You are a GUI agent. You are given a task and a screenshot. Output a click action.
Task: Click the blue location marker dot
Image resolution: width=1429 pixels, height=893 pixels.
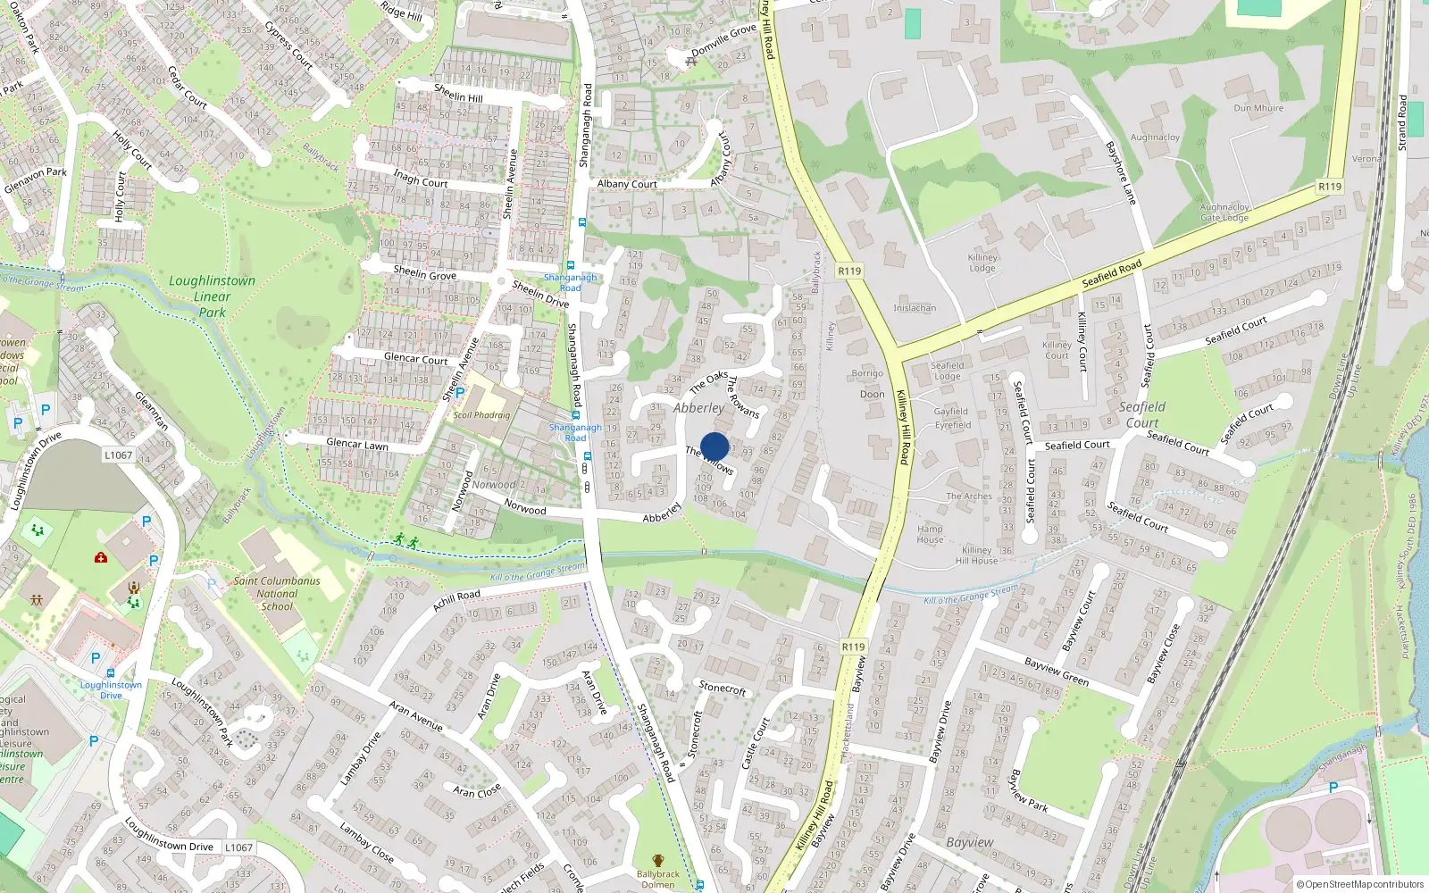714,446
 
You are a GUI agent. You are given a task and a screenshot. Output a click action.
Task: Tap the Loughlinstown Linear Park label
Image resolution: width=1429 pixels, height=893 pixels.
212,296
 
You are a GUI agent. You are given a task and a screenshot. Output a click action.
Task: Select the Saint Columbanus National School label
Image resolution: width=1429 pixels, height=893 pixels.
277,593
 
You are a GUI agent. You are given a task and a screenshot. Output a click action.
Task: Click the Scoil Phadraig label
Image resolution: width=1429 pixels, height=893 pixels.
481,415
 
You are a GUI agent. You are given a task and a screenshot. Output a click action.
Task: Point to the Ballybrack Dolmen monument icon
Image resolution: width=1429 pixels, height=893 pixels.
658,861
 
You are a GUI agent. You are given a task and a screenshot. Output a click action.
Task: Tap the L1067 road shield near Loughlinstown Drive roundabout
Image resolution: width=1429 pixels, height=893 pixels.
118,455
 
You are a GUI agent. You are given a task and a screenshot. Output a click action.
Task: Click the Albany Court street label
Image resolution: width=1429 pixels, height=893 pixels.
627,184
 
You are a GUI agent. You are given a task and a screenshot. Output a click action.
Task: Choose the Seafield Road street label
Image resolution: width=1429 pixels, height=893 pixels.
1111,273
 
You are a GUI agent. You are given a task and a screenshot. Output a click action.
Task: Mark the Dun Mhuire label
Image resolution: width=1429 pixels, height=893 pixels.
1258,108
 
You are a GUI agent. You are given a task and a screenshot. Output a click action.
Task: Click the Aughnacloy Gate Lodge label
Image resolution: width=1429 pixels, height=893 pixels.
1224,213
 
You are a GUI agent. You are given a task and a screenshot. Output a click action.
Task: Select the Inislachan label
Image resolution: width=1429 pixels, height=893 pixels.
915,308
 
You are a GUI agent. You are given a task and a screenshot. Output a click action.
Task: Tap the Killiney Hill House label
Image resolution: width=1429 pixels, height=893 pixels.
977,555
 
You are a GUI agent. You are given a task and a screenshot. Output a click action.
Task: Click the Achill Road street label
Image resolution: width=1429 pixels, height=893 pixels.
456,600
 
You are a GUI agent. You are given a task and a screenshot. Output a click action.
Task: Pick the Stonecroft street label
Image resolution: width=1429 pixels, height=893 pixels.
723,688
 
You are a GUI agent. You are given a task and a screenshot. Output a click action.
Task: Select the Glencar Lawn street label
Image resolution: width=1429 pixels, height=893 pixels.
357,444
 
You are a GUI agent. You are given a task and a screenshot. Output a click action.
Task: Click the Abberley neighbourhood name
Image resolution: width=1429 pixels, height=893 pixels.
698,408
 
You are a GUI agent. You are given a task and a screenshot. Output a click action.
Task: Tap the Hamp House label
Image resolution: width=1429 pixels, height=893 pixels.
930,534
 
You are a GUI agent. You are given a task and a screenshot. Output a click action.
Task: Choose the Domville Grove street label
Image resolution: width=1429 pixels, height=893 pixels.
723,40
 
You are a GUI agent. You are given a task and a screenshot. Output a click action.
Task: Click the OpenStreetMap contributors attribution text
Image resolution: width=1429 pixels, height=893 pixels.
1359,884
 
